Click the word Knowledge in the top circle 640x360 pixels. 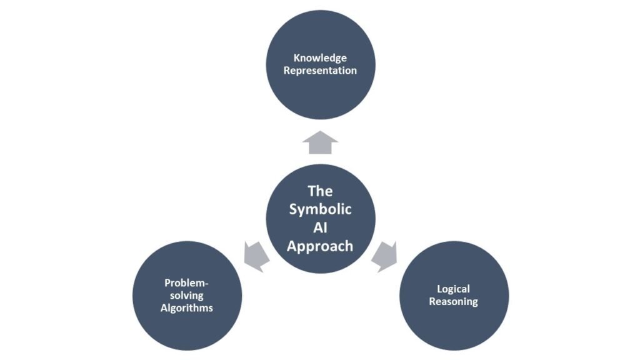[x=320, y=59]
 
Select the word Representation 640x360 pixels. [x=320, y=71]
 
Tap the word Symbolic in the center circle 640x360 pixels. [x=320, y=209]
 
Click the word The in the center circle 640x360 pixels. [x=320, y=191]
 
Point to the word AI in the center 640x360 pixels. [x=320, y=227]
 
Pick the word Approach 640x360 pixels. [x=320, y=246]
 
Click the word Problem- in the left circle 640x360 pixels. [x=186, y=283]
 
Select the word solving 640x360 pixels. [x=186, y=296]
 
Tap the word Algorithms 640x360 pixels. [x=186, y=308]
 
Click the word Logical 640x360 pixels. [x=454, y=289]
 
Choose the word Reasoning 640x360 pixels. [x=454, y=302]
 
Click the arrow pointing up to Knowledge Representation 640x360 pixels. [x=320, y=143]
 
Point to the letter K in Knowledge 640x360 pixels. [x=296, y=59]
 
